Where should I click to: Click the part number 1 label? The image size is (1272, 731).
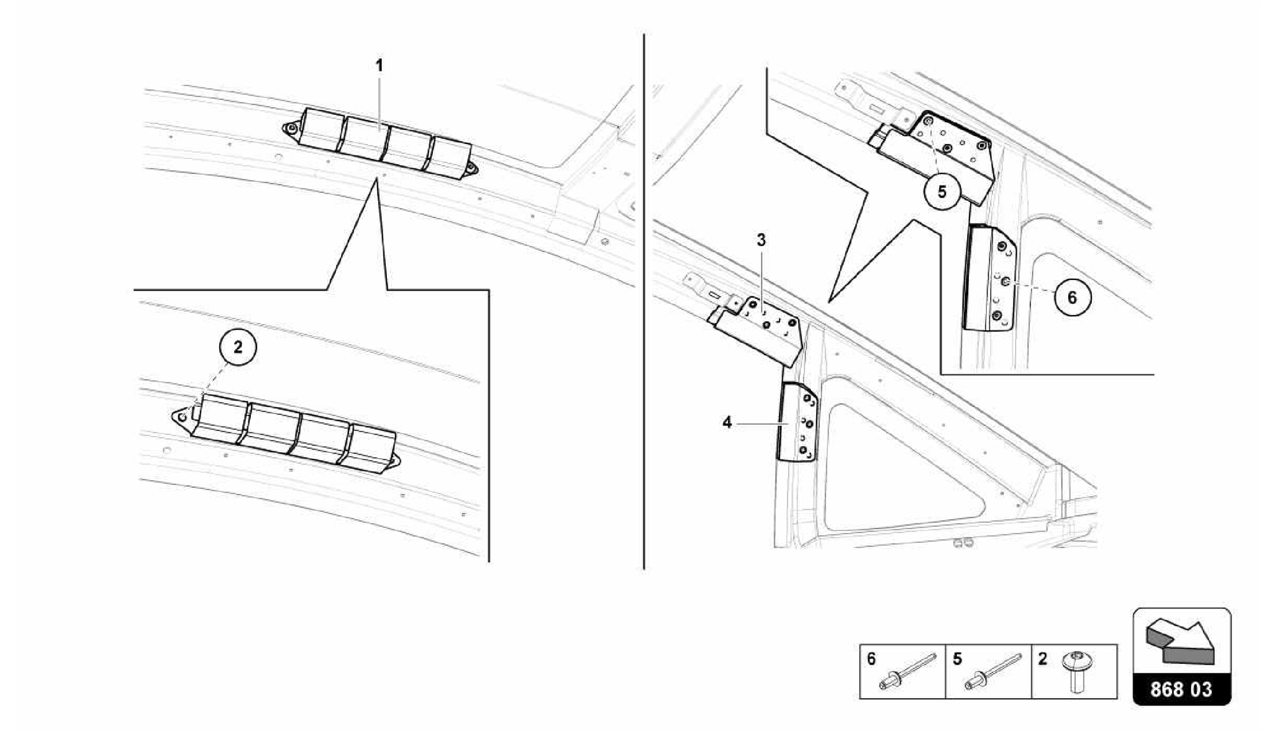(379, 65)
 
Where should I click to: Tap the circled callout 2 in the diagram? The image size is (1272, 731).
(238, 347)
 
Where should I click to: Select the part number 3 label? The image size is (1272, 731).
(761, 240)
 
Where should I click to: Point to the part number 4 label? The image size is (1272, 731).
(727, 422)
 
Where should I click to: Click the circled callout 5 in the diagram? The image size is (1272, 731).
(942, 191)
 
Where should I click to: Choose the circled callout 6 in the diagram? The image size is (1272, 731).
(1072, 297)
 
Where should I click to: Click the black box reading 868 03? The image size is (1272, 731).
(1181, 689)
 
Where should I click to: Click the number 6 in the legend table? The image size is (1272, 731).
(871, 658)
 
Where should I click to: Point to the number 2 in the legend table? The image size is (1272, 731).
(1042, 658)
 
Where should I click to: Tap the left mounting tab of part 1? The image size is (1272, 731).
(291, 129)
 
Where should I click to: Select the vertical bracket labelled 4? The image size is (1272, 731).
(796, 422)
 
